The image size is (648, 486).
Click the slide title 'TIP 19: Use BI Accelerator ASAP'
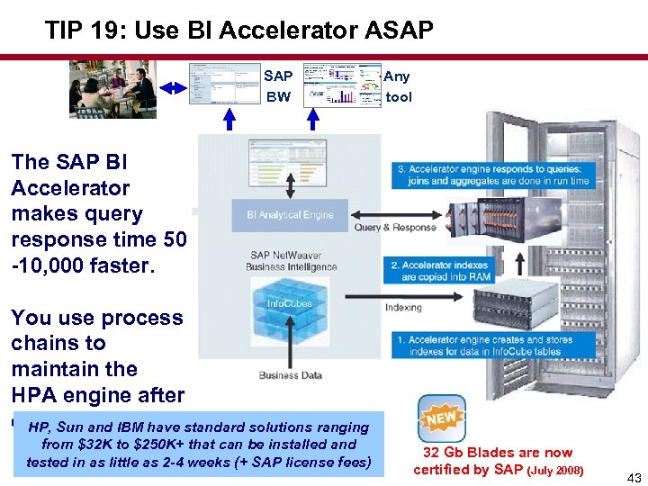pos(239,31)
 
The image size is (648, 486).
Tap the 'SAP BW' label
pos(278,86)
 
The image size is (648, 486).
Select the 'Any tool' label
pos(399,86)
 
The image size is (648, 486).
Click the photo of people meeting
pos(112,88)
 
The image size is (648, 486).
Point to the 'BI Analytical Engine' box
pos(290,215)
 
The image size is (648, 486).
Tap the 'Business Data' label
pos(290,375)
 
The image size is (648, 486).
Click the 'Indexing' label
pos(402,308)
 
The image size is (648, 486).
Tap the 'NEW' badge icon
pos(442,418)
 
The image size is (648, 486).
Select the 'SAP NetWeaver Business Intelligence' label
pos(293,262)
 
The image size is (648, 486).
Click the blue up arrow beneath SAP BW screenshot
pos(229,120)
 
